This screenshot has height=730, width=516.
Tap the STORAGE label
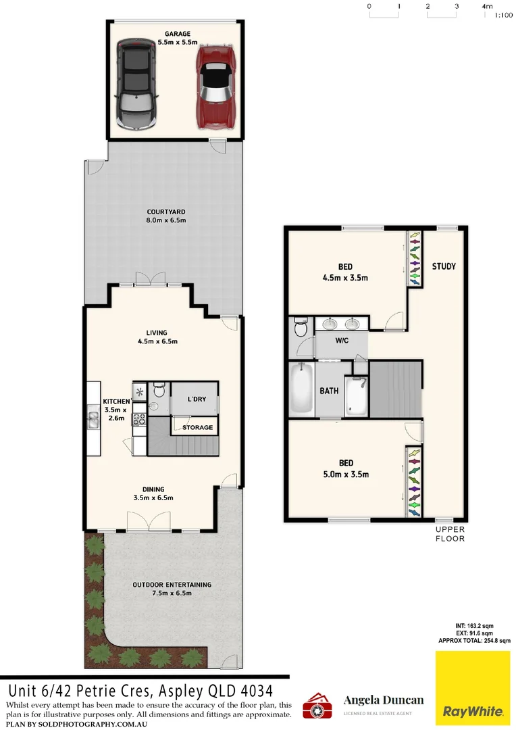(x=197, y=427)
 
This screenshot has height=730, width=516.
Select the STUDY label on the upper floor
(x=444, y=266)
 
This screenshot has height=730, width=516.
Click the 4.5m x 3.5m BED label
(x=346, y=266)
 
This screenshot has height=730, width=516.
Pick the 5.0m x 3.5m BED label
(x=346, y=463)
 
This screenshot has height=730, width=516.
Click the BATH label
(x=329, y=391)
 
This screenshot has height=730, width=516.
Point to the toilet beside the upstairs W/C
(x=301, y=330)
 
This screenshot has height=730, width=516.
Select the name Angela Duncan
(x=384, y=700)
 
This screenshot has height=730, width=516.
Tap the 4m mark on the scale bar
(x=487, y=6)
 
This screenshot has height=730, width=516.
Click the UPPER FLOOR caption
(x=450, y=534)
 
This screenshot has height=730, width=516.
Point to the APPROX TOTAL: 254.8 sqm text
(x=473, y=640)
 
